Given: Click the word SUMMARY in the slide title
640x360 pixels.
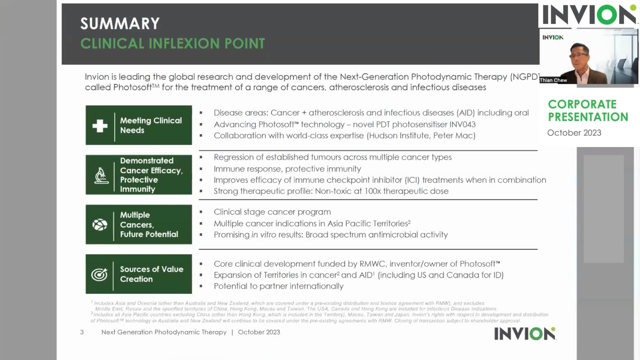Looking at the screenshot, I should (x=120, y=24).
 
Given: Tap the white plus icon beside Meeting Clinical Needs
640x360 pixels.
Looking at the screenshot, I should (x=100, y=126).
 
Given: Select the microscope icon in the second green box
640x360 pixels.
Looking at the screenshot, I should (x=101, y=175).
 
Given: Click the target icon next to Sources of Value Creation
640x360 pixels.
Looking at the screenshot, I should (x=99, y=274).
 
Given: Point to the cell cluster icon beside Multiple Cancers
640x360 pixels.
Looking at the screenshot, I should (x=100, y=225).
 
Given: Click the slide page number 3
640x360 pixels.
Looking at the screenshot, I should (x=82, y=332).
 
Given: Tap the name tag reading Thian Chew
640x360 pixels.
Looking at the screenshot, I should (x=553, y=80).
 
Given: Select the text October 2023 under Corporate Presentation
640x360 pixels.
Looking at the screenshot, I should (x=574, y=133).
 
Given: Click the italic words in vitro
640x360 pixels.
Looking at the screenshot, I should (x=263, y=235).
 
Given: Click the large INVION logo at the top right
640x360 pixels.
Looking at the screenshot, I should (x=589, y=15).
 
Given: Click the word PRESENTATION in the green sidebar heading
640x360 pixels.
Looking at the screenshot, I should (x=588, y=117).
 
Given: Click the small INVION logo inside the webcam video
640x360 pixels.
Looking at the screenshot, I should (x=553, y=37).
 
